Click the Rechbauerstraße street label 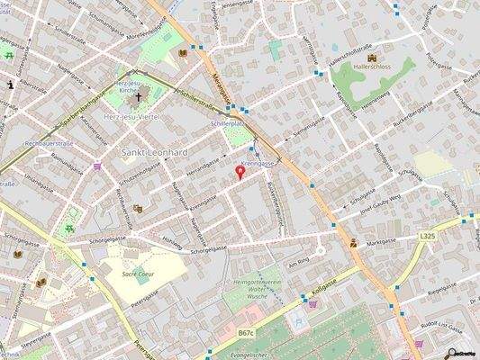(42, 142)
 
